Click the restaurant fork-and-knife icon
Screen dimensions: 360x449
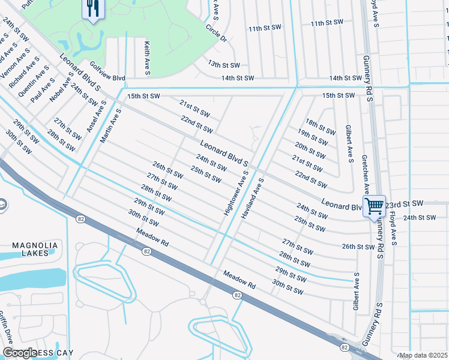[x=92, y=8]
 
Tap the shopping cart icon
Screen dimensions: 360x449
[x=374, y=206]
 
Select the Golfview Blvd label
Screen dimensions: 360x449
[x=107, y=78]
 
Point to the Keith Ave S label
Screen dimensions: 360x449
[x=146, y=58]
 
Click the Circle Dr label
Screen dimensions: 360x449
[x=216, y=34]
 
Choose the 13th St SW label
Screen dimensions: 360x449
[x=224, y=64]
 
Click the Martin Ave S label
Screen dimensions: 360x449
[x=112, y=125]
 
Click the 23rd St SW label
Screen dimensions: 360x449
[x=405, y=204]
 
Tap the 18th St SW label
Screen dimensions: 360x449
[x=320, y=127]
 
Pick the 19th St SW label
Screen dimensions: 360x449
[x=312, y=137]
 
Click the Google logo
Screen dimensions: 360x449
[x=20, y=353]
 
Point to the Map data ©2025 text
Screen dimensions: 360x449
[x=423, y=355]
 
